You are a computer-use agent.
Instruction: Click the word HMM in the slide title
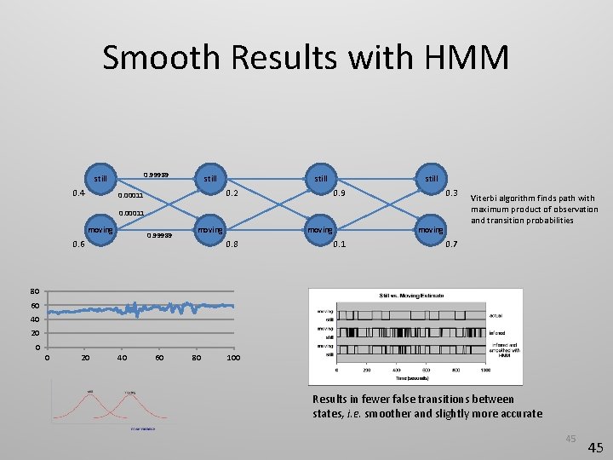click(x=465, y=58)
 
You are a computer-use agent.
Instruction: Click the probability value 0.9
click(x=339, y=193)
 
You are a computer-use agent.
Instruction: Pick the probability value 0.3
click(x=454, y=193)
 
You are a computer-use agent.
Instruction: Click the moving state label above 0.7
click(x=430, y=229)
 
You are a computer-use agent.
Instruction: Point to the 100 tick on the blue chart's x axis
click(x=233, y=358)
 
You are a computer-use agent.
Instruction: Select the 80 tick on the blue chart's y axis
click(x=34, y=290)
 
